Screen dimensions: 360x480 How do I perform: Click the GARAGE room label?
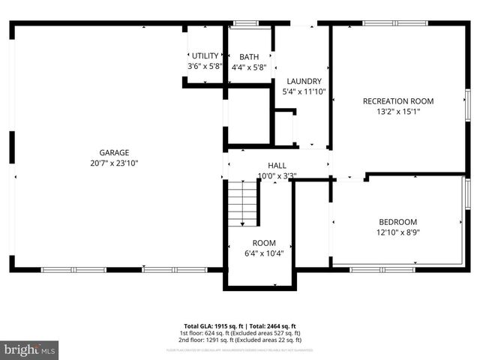115,153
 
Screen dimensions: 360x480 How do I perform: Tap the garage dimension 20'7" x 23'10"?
115,163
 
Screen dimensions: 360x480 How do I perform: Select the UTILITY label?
205,56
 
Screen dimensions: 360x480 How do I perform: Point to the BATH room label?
249,57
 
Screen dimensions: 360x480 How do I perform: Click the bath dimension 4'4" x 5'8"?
249,67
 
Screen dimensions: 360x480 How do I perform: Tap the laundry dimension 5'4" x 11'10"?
304,91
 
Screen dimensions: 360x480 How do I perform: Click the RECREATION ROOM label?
397,101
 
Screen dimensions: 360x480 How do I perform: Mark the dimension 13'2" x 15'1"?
397,112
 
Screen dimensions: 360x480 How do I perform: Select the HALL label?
277,166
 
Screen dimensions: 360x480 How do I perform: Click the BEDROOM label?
397,222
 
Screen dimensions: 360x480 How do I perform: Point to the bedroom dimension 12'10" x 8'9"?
397,232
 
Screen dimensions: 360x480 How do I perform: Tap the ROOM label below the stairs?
263,243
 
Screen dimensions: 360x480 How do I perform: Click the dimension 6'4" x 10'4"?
263,253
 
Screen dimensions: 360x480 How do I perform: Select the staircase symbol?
242,203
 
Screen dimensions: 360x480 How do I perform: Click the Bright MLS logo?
30,349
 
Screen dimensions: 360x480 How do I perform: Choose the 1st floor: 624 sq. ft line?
239,333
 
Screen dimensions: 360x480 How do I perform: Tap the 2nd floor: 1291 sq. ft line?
239,340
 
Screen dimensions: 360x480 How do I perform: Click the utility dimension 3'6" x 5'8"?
205,67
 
